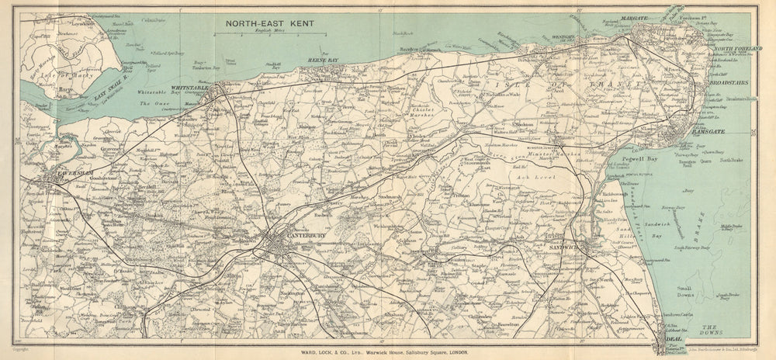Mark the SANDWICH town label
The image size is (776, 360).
(563, 246)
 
